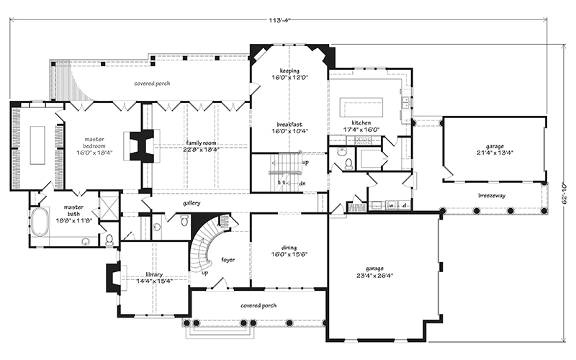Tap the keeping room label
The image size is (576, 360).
289,74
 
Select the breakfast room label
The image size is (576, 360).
289,127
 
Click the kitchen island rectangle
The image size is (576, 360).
361,107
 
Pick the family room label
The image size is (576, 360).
201,146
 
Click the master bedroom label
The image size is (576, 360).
94,145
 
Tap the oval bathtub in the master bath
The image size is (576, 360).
40,222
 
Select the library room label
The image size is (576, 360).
154,278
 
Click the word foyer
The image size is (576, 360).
228,260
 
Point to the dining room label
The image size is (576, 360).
289,251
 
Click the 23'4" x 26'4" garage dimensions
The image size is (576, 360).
374,275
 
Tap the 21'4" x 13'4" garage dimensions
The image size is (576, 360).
495,153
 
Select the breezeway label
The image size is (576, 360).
492,195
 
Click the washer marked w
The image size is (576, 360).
391,205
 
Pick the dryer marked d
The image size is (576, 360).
405,205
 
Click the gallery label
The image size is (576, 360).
192,203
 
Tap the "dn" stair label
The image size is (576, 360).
302,183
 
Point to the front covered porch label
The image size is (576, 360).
258,305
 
